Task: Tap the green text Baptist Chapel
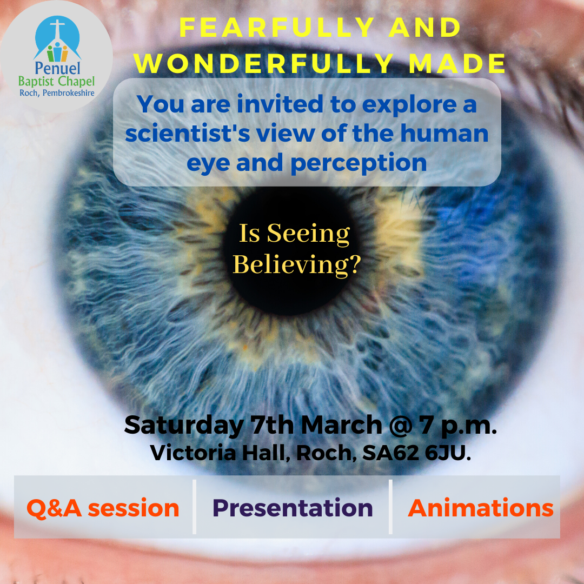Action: click(56, 82)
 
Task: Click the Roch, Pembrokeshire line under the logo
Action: click(56, 93)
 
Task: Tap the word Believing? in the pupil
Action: click(296, 264)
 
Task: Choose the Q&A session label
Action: click(103, 508)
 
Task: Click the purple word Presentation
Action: click(293, 508)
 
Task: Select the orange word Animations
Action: click(481, 508)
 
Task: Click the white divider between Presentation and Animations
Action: click(390, 507)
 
